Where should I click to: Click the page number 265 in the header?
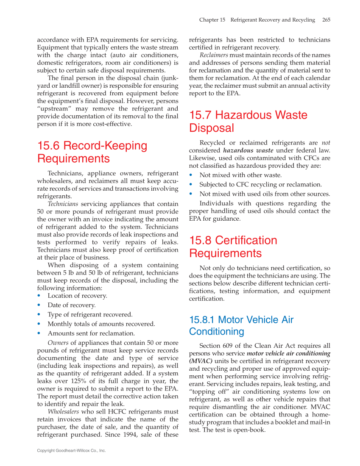click(326, 20)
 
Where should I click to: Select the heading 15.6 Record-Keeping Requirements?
click(92, 152)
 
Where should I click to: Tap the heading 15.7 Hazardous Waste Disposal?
click(248, 122)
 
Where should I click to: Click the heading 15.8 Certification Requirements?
click(233, 247)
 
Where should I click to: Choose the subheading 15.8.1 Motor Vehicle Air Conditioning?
click(241, 325)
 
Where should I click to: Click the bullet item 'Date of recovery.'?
click(71, 305)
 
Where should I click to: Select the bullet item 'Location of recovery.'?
click(77, 296)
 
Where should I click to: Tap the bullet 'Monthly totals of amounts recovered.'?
click(101, 324)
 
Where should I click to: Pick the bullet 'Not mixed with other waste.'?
click(240, 175)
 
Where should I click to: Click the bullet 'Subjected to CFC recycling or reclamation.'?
click(260, 184)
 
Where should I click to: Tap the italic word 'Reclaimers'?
click(214, 55)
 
